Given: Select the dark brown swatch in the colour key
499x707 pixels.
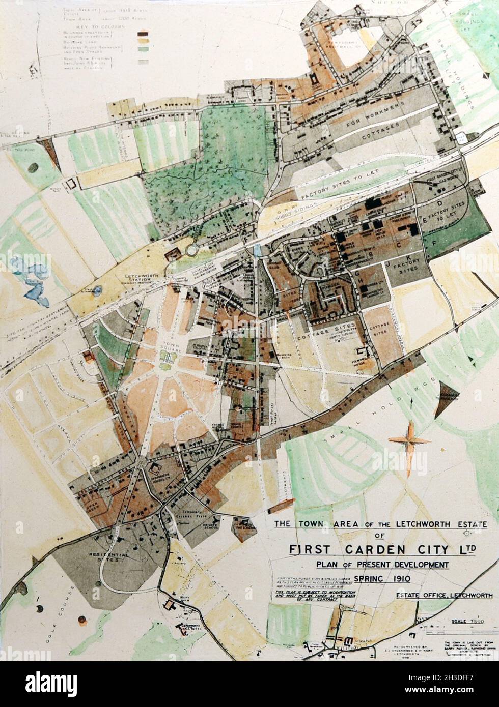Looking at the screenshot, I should (143, 34).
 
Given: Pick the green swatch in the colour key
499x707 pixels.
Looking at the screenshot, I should (143, 50).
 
